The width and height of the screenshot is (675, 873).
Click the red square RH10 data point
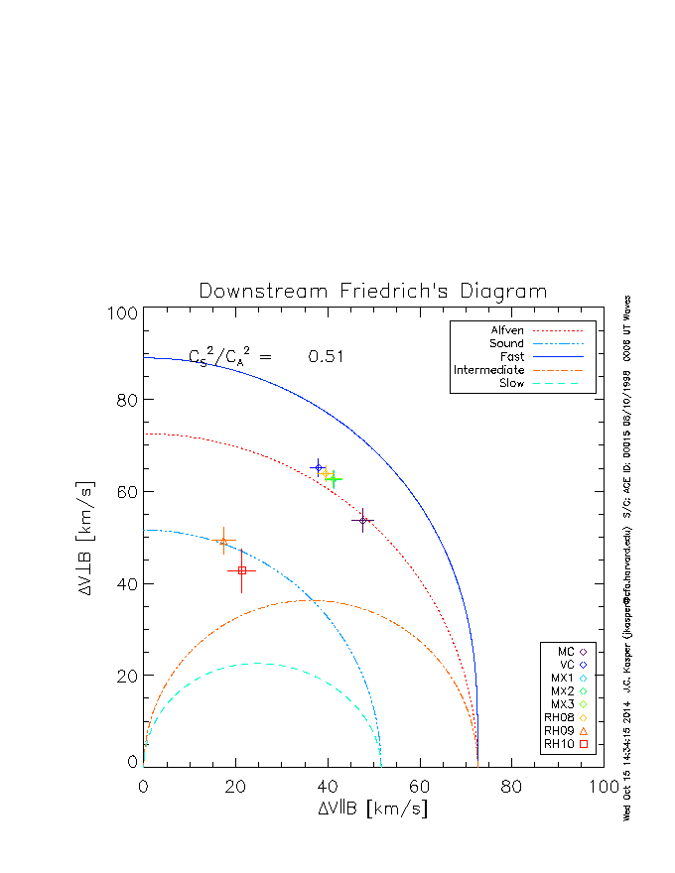point(242,570)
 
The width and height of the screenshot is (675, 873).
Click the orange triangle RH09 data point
point(223,542)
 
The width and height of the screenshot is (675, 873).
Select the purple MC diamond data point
point(363,519)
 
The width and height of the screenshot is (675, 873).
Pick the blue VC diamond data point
point(318,467)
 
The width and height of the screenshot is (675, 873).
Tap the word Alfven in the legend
point(507,330)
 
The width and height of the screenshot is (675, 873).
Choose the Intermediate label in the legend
point(489,370)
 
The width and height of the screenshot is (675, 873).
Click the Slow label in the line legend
point(511,383)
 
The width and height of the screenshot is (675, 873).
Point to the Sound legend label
point(506,343)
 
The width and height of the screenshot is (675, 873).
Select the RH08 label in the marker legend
point(559,716)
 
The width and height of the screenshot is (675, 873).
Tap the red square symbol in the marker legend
point(584,743)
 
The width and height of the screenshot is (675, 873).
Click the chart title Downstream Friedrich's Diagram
point(373,292)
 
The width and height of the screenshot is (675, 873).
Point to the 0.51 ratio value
point(326,357)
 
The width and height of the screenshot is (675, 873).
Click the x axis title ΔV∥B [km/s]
point(373,809)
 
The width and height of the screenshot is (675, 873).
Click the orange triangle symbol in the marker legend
point(584,730)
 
